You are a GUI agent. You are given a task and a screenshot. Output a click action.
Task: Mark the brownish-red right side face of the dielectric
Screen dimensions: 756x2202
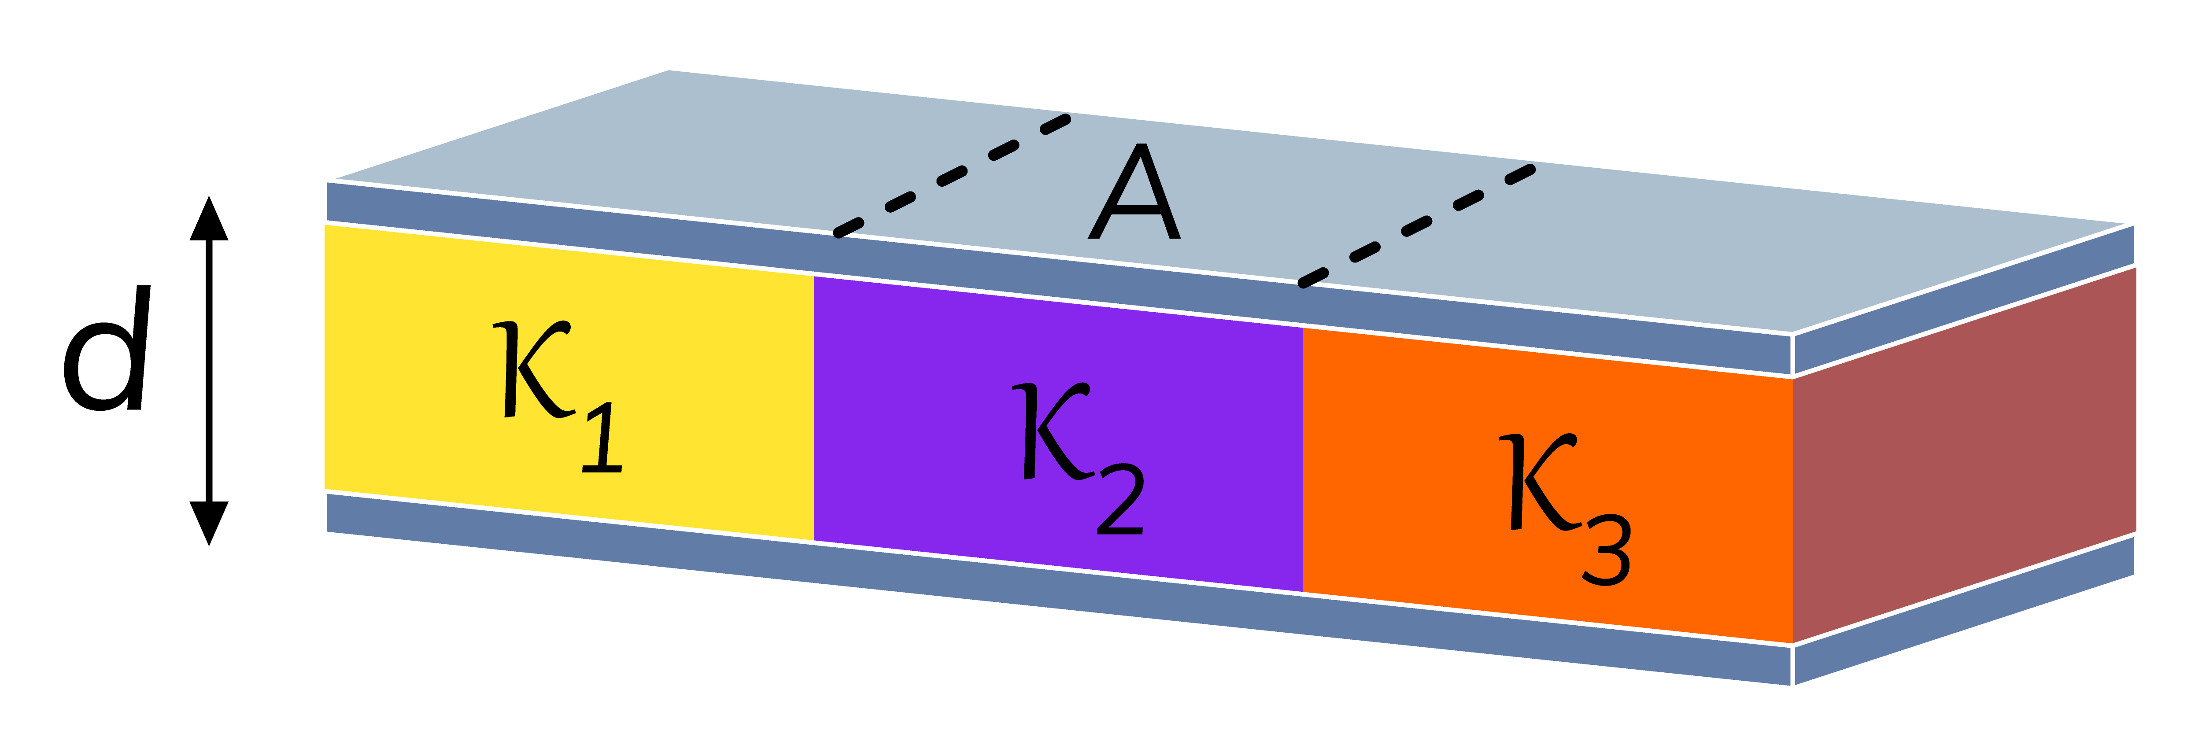pos(1966,453)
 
